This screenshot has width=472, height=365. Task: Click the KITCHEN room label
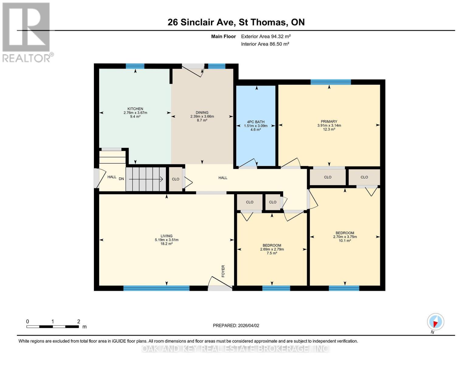[x=135, y=109]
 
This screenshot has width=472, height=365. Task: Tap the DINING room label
[x=202, y=113]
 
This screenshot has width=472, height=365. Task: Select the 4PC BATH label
[x=256, y=122]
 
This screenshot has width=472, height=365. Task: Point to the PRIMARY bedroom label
[x=329, y=122]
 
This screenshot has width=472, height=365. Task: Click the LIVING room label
[x=167, y=236]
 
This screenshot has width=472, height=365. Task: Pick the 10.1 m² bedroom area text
[x=345, y=241]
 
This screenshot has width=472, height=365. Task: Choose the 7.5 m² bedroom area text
[x=272, y=253]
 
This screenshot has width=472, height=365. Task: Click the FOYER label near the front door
[x=223, y=271]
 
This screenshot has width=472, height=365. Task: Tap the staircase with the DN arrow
[x=146, y=179]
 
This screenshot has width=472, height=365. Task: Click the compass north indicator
[x=435, y=322]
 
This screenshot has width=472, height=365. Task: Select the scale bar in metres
[x=53, y=326]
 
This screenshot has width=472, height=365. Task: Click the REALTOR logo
[x=27, y=32]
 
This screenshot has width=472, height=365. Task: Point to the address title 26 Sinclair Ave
[x=236, y=22]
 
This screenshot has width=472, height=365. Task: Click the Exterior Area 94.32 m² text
[x=266, y=36]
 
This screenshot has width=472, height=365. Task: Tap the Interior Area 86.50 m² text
[x=265, y=44]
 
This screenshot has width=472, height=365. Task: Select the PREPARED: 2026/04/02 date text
[x=236, y=325]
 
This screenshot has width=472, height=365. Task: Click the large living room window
[x=156, y=288]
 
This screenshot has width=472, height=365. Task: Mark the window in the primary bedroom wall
[x=330, y=82]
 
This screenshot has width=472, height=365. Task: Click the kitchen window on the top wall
[x=135, y=66]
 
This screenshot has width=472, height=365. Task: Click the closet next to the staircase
[x=175, y=179]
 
